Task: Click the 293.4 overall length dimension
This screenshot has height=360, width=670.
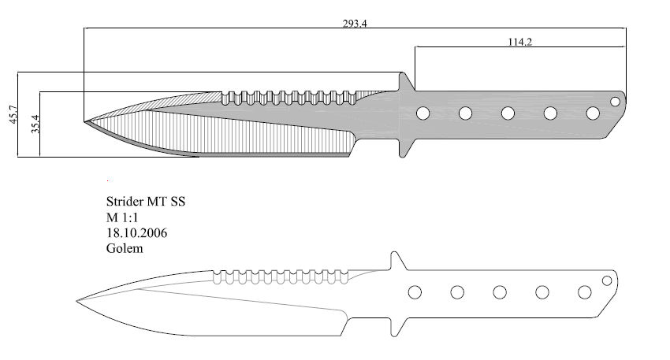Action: pyautogui.click(x=355, y=24)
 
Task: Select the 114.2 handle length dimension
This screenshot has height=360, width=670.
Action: pyautogui.click(x=519, y=42)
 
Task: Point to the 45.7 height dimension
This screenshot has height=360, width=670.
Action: pyautogui.click(x=13, y=114)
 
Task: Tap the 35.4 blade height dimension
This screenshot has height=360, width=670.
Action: pyautogui.click(x=35, y=124)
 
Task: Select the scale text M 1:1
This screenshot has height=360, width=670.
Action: pyautogui.click(x=122, y=217)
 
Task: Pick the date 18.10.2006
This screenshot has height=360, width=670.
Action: pyautogui.click(x=136, y=232)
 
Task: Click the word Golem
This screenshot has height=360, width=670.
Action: pyautogui.click(x=125, y=248)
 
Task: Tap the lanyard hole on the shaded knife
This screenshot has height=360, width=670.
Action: pyautogui.click(x=615, y=102)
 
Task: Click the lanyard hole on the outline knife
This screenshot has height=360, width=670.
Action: pyautogui.click(x=607, y=280)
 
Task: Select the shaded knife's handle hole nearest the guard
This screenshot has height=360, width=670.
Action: pyautogui.click(x=422, y=113)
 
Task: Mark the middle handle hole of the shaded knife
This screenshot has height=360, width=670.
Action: pyautogui.click(x=508, y=113)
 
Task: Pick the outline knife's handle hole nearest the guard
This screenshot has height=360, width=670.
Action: pyautogui.click(x=415, y=292)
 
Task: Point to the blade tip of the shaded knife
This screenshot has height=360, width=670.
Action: pyautogui.click(x=84, y=121)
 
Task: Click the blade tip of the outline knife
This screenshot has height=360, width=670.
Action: pyautogui.click(x=77, y=301)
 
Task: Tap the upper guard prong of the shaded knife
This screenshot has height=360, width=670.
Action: pyautogui.click(x=404, y=81)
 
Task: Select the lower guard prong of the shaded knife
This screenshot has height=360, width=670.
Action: pyautogui.click(x=404, y=148)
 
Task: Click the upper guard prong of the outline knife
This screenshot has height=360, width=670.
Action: pyautogui.click(x=396, y=261)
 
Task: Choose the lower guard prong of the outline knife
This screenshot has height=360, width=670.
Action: pyautogui.click(x=396, y=327)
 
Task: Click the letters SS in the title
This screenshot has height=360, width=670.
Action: pyautogui.click(x=178, y=201)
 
